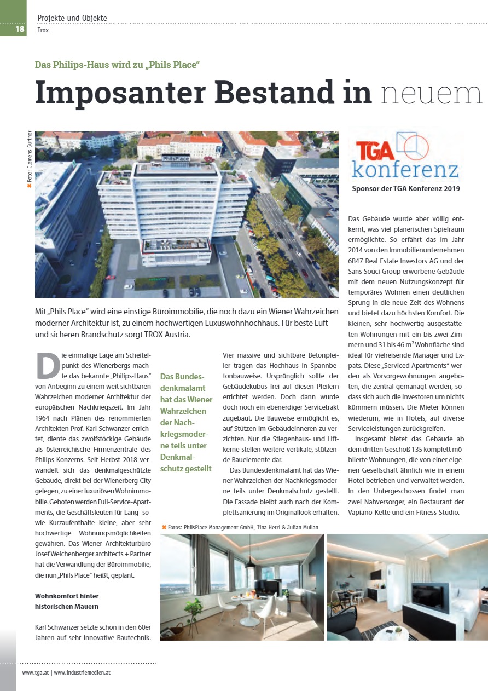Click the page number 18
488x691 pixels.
click(x=20, y=29)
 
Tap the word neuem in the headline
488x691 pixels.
click(x=432, y=93)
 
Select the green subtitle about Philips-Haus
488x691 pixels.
click(x=117, y=65)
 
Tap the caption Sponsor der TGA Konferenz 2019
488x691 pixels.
click(x=406, y=189)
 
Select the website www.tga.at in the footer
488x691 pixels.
click(x=35, y=672)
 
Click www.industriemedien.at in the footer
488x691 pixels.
click(x=82, y=672)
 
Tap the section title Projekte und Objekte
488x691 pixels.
click(x=72, y=18)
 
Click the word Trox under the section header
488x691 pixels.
click(x=43, y=31)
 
